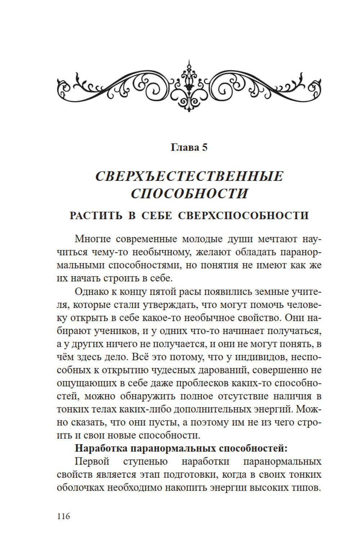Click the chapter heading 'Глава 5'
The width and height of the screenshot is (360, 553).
[189, 148]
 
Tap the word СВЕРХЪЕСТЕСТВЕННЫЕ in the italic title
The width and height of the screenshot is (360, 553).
[189, 176]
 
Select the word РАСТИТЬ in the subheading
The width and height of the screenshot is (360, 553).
[96, 216]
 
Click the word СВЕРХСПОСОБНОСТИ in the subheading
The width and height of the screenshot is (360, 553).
[244, 216]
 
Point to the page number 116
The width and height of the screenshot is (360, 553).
[63, 516]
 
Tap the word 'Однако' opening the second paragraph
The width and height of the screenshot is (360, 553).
[92, 291]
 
